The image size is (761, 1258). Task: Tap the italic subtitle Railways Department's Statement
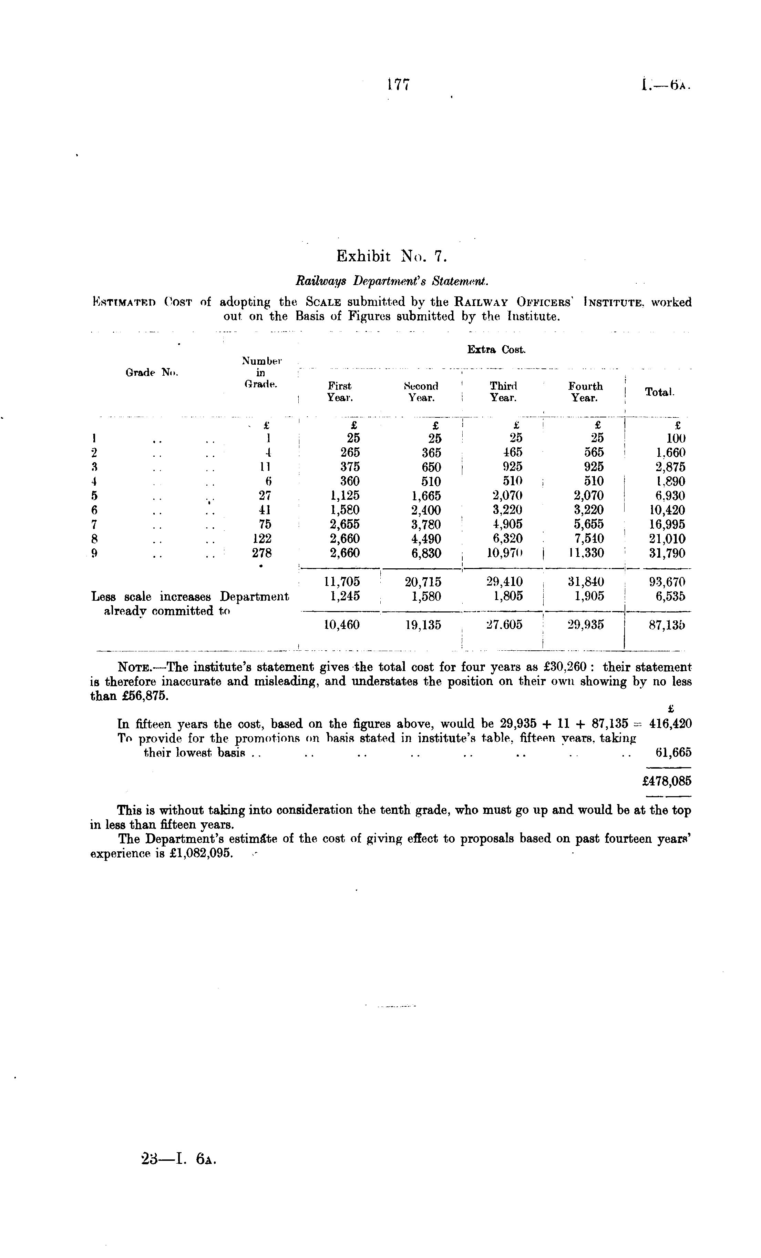click(391, 281)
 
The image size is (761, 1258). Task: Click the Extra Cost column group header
click(496, 350)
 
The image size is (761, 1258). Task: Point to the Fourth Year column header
click(585, 392)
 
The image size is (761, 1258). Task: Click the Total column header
click(659, 392)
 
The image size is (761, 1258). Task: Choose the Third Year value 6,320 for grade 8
click(505, 539)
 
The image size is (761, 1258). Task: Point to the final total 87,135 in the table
click(667, 625)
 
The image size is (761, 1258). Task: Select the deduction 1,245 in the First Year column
click(342, 596)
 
